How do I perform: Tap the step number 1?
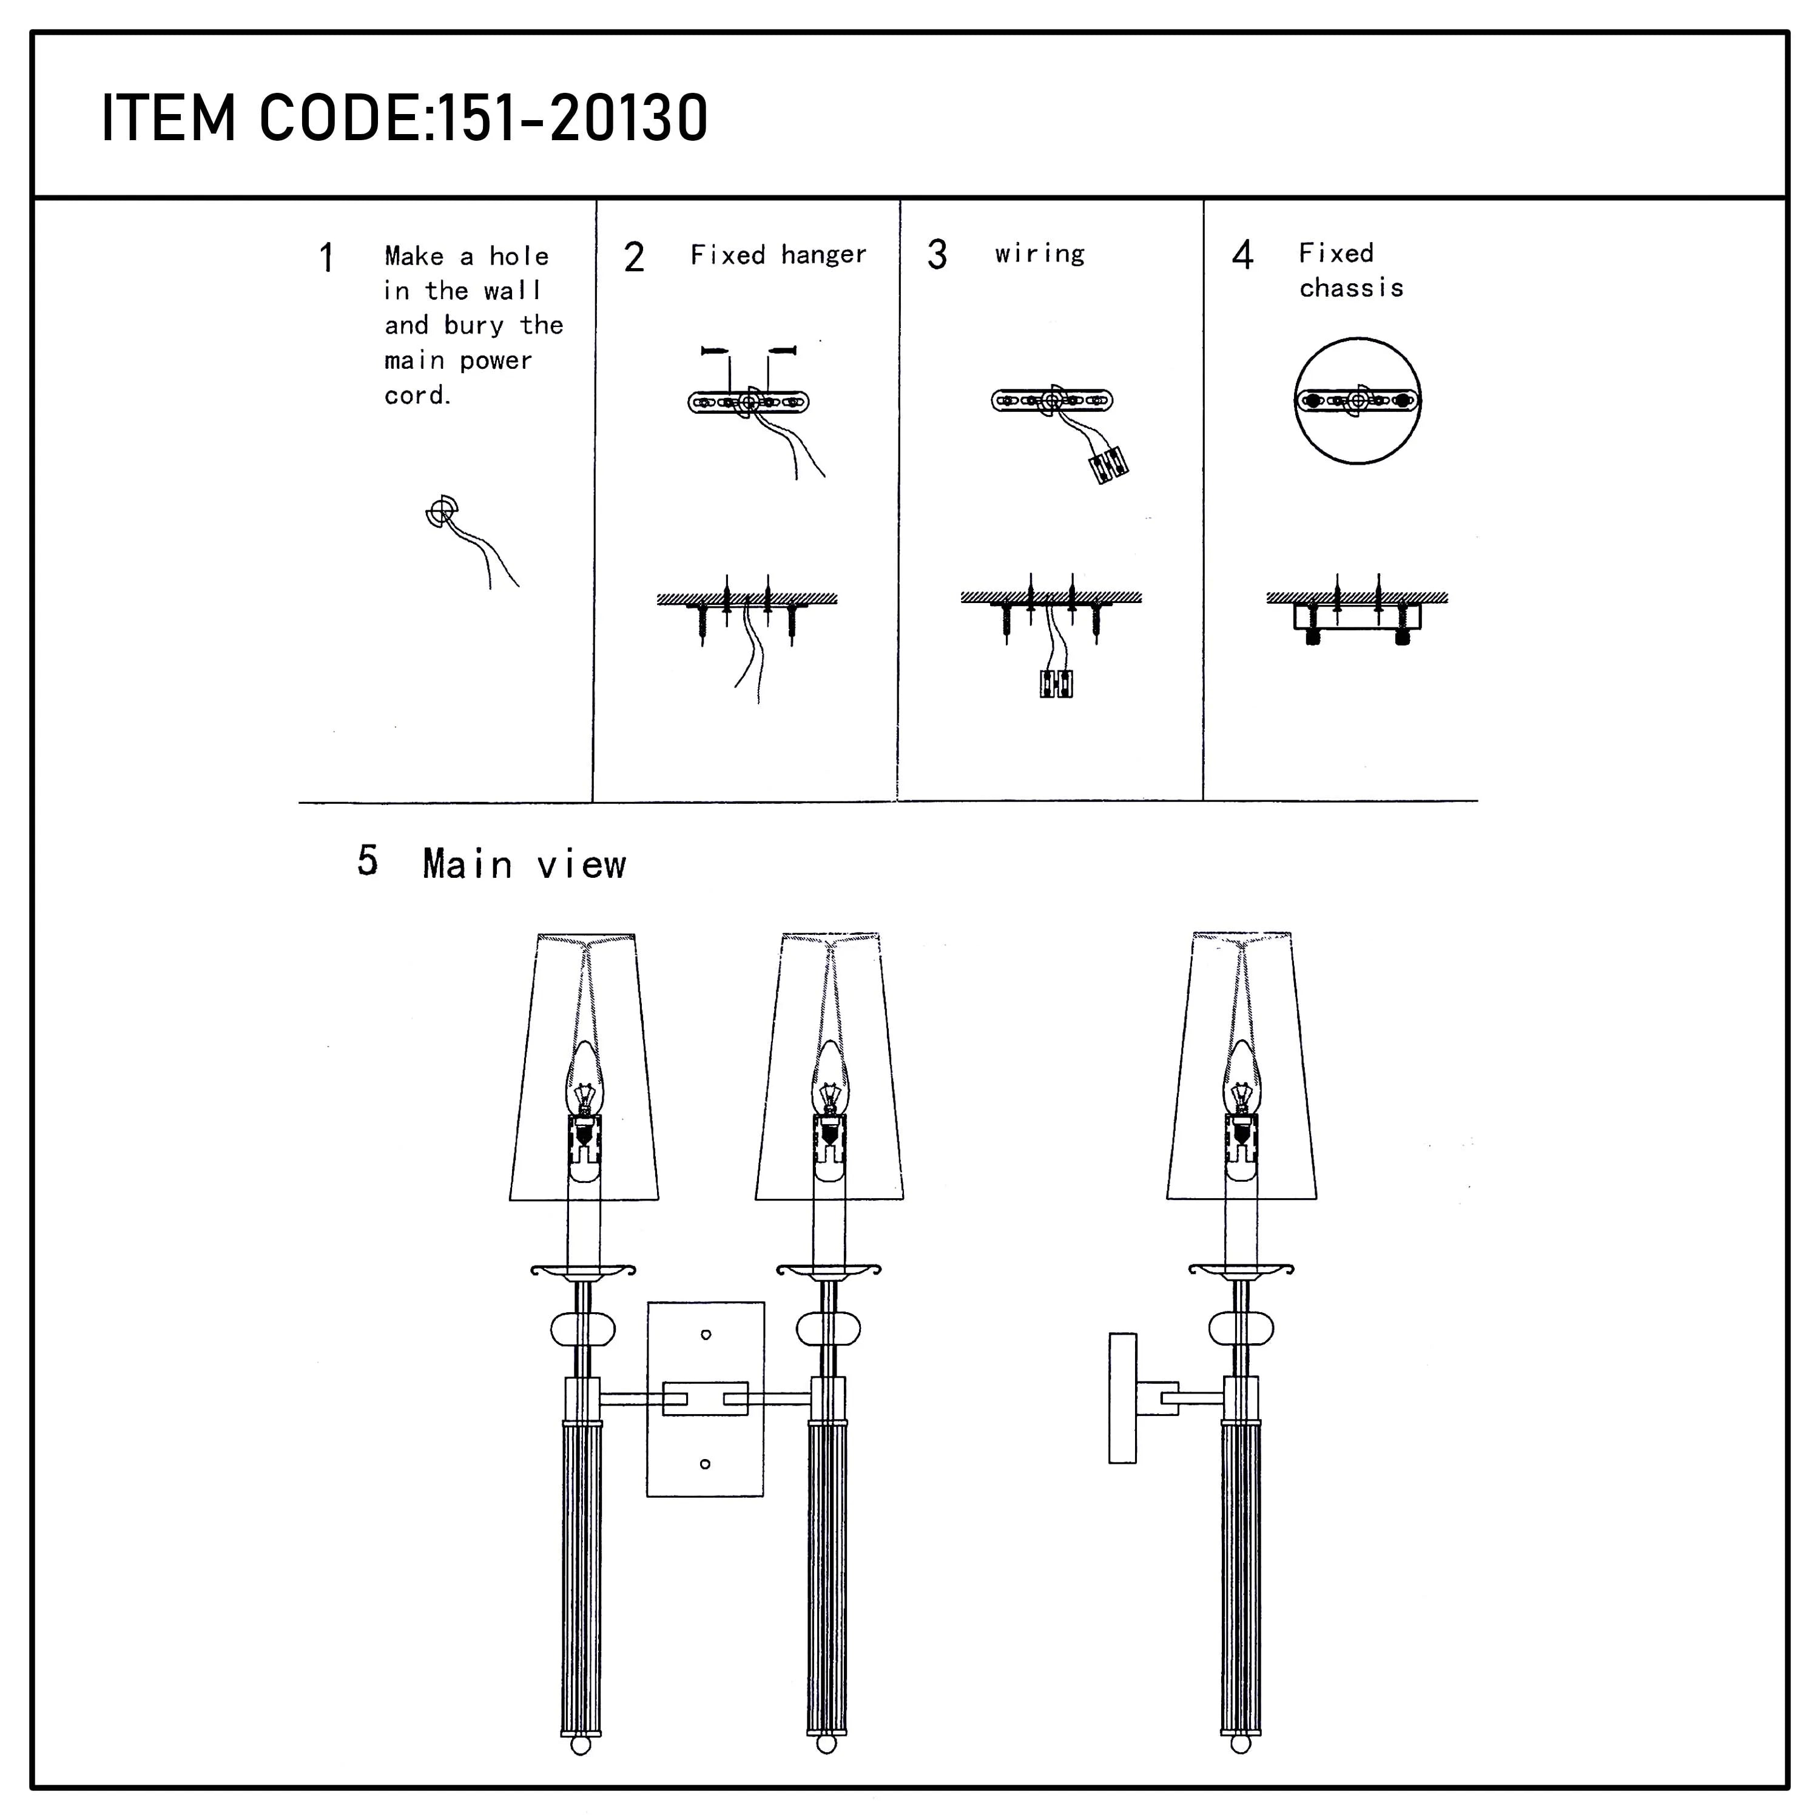tap(326, 257)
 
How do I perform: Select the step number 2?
tap(634, 257)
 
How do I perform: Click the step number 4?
tap(1242, 255)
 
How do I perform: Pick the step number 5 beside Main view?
tap(368, 860)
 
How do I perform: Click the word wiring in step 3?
tap(1040, 254)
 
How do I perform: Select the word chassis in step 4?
tap(1351, 288)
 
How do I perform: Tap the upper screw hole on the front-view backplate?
tap(706, 1334)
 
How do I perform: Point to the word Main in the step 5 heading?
tap(467, 864)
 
